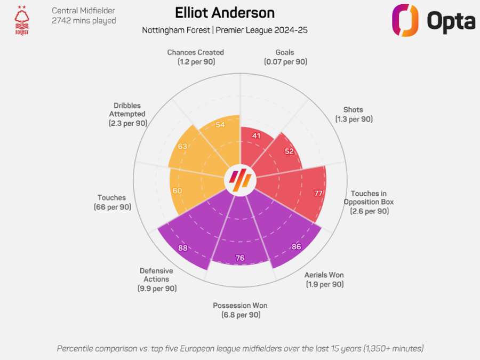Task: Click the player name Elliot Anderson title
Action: tap(225, 13)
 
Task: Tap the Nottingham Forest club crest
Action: tap(22, 20)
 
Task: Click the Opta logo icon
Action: tap(405, 20)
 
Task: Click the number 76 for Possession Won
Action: tap(240, 258)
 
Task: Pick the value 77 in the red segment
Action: tap(318, 193)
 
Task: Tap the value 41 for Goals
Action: tap(256, 136)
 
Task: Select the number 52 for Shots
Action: tap(289, 151)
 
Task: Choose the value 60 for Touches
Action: tap(177, 190)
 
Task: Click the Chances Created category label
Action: tap(195, 57)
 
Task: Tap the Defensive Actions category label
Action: tap(156, 279)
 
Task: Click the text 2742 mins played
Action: tap(84, 21)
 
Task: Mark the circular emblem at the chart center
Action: tap(239, 180)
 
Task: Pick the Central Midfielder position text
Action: tap(83, 11)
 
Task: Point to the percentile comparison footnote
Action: tap(240, 348)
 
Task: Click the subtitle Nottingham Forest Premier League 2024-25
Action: tap(225, 30)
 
